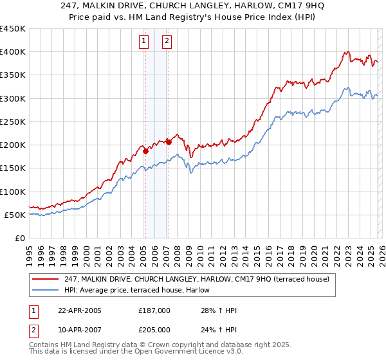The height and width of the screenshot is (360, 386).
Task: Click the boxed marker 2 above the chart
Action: (166, 42)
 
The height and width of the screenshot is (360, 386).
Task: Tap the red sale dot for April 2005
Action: (145, 151)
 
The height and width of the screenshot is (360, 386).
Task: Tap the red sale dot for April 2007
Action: (168, 142)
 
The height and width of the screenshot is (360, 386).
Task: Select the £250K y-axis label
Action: (13, 122)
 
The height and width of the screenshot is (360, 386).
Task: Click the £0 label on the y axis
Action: (19, 238)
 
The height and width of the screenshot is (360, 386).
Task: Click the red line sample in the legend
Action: (46, 279)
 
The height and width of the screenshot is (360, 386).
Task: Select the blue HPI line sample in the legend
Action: (46, 290)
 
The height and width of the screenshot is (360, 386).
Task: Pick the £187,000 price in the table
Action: (154, 310)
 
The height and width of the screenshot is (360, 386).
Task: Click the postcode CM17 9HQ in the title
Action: (282, 6)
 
